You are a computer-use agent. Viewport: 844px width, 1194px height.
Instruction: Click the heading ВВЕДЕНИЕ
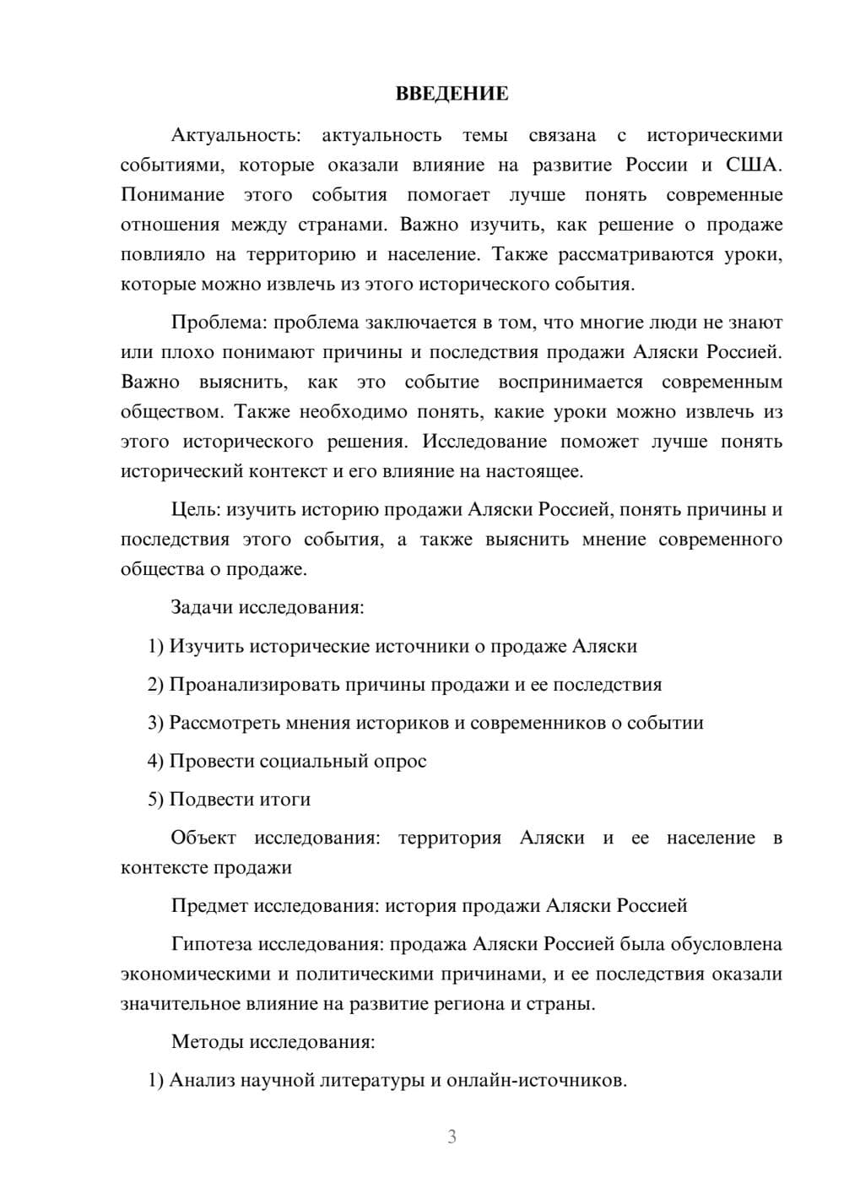tap(452, 94)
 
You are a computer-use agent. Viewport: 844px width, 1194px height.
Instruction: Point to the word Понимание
tap(172, 195)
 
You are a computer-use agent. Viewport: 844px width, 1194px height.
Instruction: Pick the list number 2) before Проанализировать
tap(155, 684)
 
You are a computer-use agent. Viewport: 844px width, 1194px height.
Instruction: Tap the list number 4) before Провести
tap(155, 761)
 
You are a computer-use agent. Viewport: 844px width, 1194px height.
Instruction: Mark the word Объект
tap(203, 838)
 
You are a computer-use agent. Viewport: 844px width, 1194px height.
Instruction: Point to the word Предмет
tap(206, 906)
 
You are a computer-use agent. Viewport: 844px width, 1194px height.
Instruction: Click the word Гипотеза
tap(211, 944)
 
